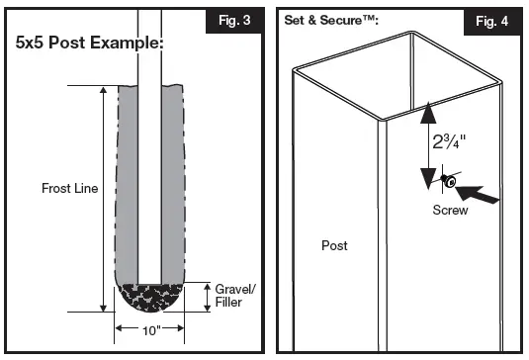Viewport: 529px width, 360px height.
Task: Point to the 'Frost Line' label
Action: [69, 188]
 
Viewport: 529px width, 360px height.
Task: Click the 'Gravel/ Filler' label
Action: [233, 295]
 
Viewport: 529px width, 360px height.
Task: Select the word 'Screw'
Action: [450, 211]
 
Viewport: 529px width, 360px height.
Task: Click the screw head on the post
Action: [447, 182]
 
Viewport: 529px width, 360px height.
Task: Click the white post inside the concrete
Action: [151, 178]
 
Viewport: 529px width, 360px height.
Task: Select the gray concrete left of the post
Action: [128, 178]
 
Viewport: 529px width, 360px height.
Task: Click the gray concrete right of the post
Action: [174, 178]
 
